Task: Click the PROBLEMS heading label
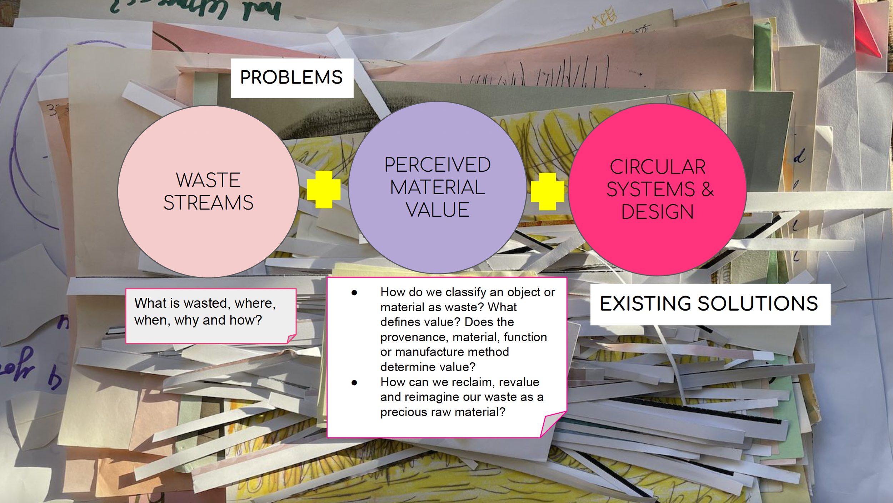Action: point(292,78)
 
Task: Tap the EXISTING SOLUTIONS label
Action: point(709,304)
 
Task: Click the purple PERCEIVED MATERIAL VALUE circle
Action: point(437,243)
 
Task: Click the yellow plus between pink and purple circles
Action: point(324,190)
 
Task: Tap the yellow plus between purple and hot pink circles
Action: point(547,192)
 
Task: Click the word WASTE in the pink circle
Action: point(208,180)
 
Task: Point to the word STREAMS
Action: point(208,203)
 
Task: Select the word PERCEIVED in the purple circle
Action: point(437,165)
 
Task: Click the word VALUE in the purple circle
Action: point(437,210)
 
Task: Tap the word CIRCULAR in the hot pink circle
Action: point(658,167)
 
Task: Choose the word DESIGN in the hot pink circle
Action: point(657,212)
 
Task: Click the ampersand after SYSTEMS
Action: point(707,190)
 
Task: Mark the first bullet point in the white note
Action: point(354,293)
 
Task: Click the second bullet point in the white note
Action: point(354,383)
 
